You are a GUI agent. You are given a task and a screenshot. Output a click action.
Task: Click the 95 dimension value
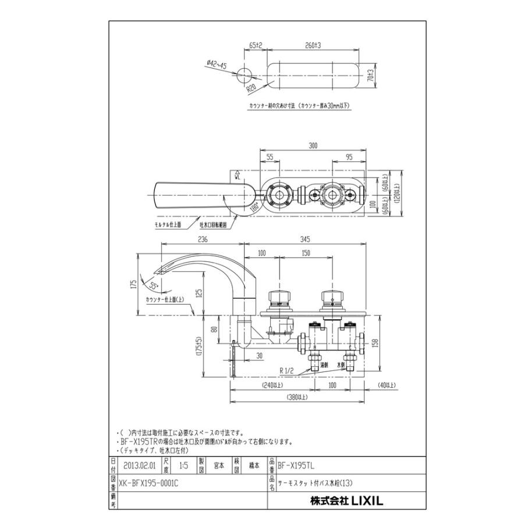pyautogui.click(x=350, y=157)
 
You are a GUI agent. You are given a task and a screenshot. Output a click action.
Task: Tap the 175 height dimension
pyautogui.click(x=134, y=285)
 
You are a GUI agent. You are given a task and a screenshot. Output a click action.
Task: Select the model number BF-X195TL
pyautogui.click(x=298, y=466)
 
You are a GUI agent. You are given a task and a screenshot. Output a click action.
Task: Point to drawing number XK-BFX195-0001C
pyautogui.click(x=148, y=482)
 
